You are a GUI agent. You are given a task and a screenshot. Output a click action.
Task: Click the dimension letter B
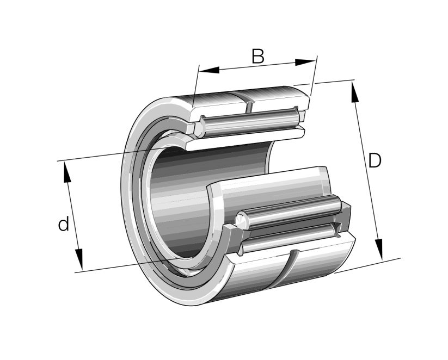tap(257, 57)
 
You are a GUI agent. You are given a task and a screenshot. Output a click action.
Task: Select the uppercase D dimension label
tap(375, 161)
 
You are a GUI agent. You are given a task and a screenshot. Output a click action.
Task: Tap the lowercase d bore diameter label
tap(64, 224)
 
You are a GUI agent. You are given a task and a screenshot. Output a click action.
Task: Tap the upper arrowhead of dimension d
tap(67, 173)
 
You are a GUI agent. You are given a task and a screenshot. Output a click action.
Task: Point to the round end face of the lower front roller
tap(240, 221)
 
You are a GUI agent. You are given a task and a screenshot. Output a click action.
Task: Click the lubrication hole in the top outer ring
tap(250, 102)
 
